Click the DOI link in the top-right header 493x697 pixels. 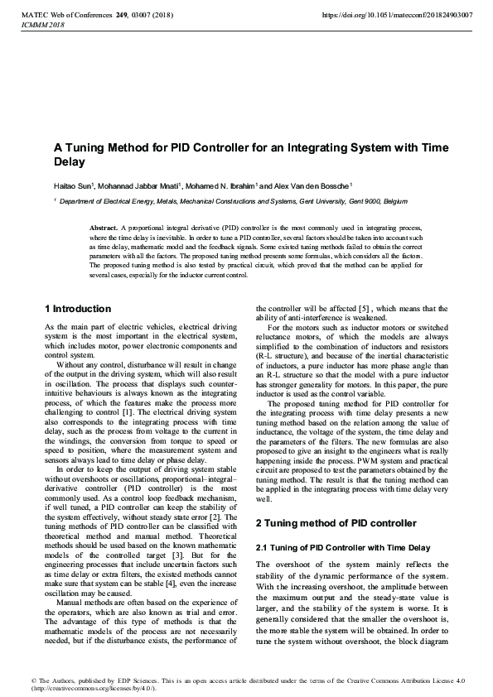(x=408, y=15)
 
